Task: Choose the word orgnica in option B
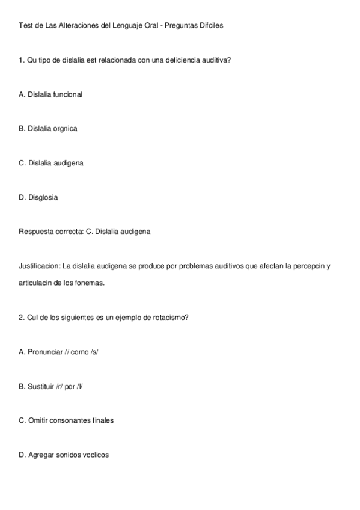(66, 129)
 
